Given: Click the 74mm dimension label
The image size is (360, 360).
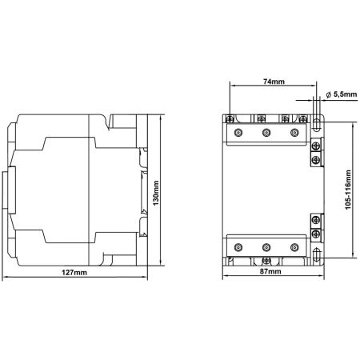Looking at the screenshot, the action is point(274,82).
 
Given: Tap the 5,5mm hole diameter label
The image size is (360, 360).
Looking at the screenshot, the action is point(345,94).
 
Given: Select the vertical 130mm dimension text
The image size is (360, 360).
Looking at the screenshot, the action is point(156,193).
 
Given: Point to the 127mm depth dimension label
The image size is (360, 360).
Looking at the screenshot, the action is point(74,272).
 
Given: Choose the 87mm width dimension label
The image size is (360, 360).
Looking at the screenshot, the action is point(270,271).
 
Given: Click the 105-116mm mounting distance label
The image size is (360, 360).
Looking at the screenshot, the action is point(348,190).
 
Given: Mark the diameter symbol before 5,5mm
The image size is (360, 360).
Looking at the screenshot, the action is point(329,94).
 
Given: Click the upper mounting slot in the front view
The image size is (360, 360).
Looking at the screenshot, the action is point(316,124).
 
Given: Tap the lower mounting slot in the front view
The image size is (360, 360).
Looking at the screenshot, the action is point(316,254).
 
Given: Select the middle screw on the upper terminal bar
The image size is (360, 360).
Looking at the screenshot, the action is point(266,132).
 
